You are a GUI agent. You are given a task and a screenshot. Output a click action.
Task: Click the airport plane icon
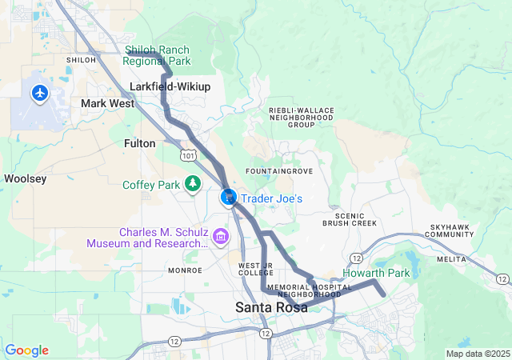(39, 94)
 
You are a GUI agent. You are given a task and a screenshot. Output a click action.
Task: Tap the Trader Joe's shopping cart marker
(229, 197)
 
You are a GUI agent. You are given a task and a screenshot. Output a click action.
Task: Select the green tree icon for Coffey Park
(192, 185)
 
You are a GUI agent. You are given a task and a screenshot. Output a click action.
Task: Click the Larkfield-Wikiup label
(169, 86)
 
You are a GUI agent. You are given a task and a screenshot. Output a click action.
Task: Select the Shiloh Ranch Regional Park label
(158, 55)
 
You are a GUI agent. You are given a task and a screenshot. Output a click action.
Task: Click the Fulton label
(140, 142)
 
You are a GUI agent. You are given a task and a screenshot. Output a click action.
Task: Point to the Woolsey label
(25, 178)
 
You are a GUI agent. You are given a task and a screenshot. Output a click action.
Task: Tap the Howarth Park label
(376, 274)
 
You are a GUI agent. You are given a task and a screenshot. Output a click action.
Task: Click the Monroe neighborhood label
(185, 270)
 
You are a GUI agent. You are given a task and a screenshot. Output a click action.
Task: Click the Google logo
(26, 350)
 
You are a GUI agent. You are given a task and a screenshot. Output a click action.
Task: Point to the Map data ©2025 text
(478, 354)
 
